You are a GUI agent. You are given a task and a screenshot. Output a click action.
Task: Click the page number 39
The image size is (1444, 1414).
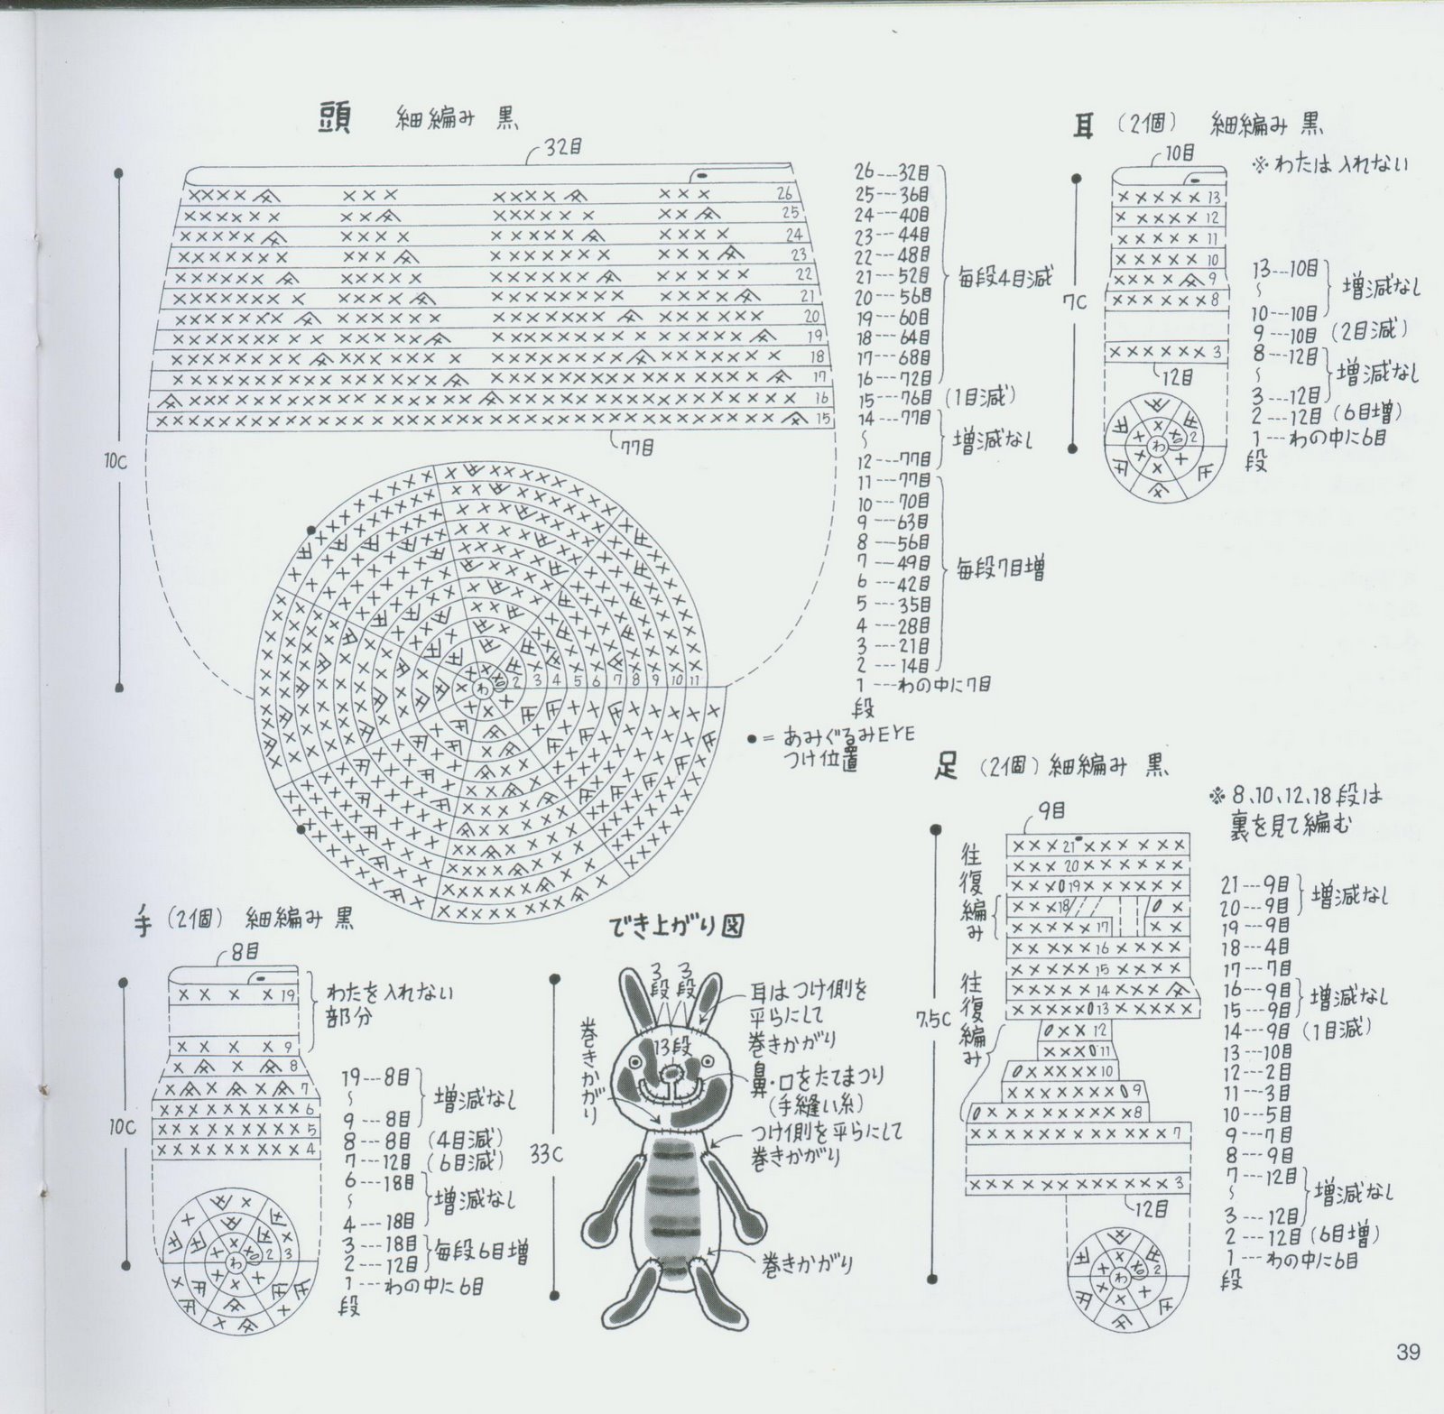click(x=1407, y=1352)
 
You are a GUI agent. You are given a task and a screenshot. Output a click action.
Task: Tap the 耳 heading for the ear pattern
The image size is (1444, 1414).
click(x=1083, y=125)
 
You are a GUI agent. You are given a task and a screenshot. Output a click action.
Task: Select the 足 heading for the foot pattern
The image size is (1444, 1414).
click(x=946, y=768)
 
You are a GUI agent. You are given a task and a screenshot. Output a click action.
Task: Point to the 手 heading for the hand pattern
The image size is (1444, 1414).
click(x=143, y=922)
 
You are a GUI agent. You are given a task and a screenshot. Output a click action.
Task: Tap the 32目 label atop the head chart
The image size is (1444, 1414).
click(x=563, y=148)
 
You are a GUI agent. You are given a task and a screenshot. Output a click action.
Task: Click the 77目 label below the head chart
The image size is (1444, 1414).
click(x=636, y=447)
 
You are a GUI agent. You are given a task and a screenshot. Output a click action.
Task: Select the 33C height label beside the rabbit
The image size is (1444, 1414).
click(x=546, y=1154)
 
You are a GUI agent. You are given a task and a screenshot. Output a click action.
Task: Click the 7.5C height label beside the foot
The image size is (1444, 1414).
click(x=932, y=1019)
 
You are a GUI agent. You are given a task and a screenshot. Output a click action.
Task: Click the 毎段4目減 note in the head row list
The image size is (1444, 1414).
click(x=1004, y=277)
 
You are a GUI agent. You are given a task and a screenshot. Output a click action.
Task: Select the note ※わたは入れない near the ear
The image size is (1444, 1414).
click(x=1328, y=165)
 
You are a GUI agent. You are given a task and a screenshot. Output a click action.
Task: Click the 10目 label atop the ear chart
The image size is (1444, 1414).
click(x=1179, y=153)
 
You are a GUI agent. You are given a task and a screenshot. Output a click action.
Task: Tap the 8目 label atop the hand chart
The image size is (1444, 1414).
click(x=245, y=950)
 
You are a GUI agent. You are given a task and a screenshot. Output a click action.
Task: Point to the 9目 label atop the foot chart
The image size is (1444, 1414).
click(x=1051, y=811)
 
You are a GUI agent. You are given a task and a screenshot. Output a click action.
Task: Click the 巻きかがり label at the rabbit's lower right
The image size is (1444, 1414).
click(x=807, y=1265)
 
